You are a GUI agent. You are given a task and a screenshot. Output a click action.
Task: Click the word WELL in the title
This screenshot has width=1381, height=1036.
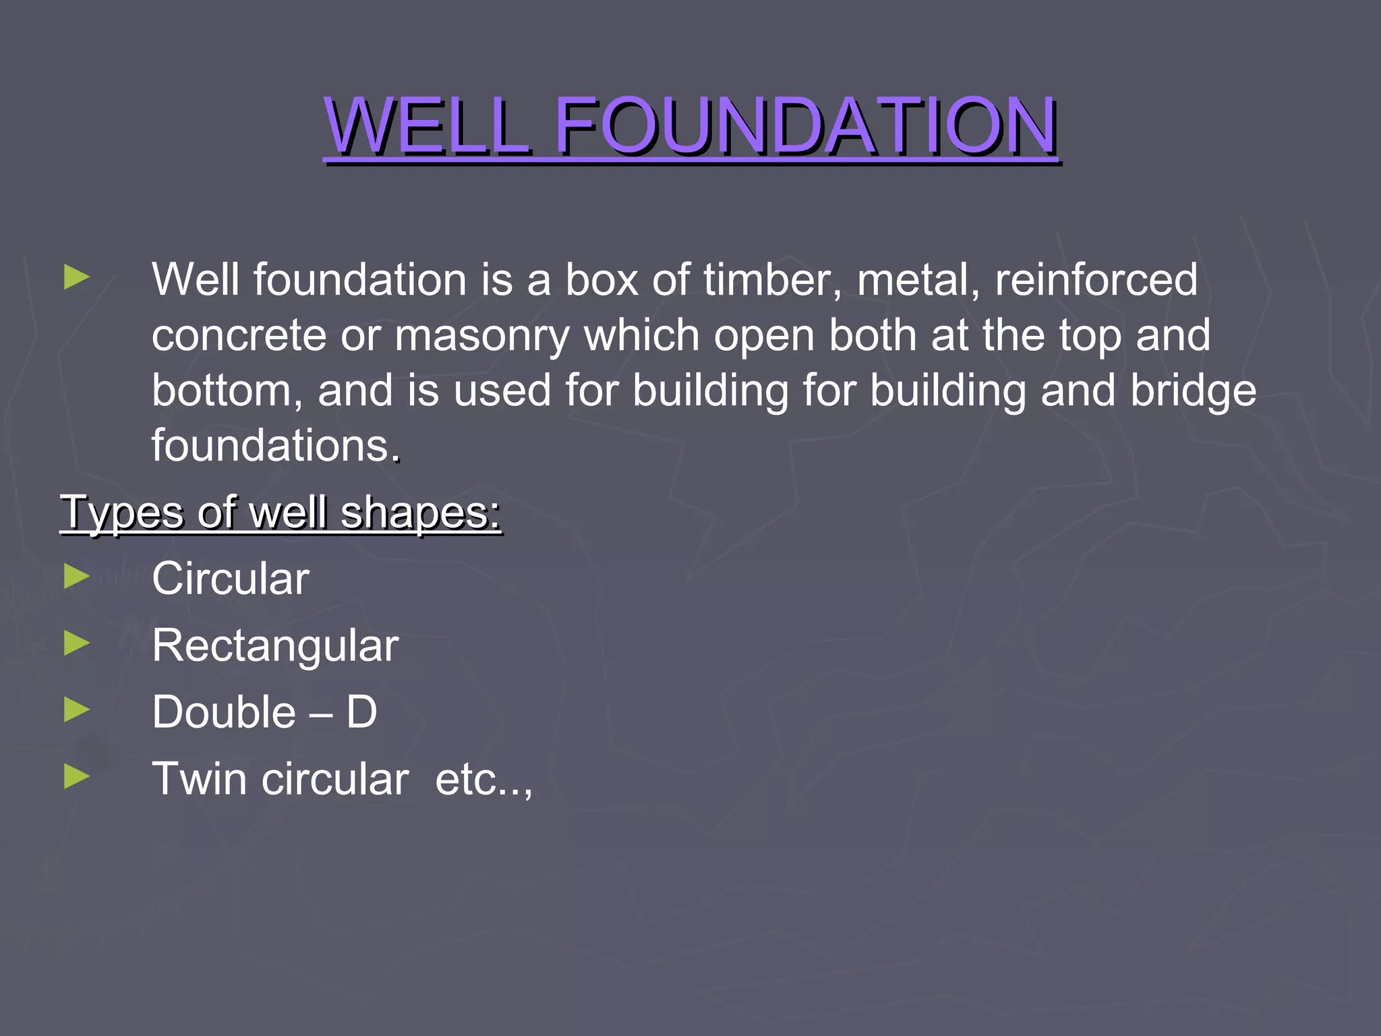[428, 126]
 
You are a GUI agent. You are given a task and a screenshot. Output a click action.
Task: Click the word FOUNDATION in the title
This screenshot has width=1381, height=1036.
[805, 126]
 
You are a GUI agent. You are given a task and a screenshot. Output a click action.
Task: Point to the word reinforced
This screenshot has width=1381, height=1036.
[1096, 279]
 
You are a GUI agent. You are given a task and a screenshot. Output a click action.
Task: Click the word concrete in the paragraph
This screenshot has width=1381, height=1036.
[238, 335]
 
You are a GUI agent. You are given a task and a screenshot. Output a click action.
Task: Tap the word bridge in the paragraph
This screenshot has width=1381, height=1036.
[1193, 391]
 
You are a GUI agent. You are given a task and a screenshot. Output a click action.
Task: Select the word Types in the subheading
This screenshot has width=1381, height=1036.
[122, 513]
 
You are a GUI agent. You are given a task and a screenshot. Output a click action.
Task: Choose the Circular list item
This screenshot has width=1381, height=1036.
[230, 579]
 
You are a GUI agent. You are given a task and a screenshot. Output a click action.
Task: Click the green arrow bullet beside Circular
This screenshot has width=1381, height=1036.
[77, 577]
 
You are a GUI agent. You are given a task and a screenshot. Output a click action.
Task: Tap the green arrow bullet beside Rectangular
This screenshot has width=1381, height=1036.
[77, 643]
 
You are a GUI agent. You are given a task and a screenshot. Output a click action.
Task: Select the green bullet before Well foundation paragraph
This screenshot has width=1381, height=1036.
[77, 277]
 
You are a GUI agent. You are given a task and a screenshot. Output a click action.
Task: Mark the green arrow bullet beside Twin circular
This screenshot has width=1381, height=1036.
[77, 776]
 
